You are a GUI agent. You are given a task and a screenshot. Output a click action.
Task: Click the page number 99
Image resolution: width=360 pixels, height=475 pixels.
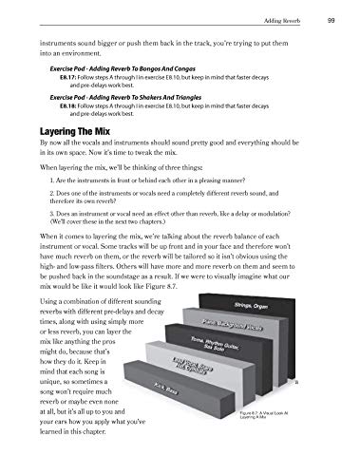[x=328, y=20]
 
